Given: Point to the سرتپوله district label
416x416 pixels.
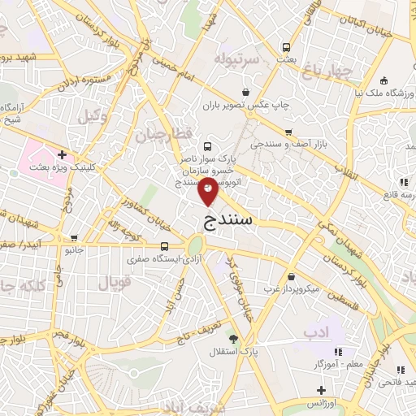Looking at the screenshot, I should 236,59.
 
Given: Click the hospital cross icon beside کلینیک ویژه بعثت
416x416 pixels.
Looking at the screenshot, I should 62,154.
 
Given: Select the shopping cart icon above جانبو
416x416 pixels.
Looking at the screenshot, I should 75,239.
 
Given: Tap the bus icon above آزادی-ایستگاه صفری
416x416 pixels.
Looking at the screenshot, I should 165,247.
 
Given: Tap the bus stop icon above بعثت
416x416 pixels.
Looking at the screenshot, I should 284,47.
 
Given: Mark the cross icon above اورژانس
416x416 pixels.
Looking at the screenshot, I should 322,391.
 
